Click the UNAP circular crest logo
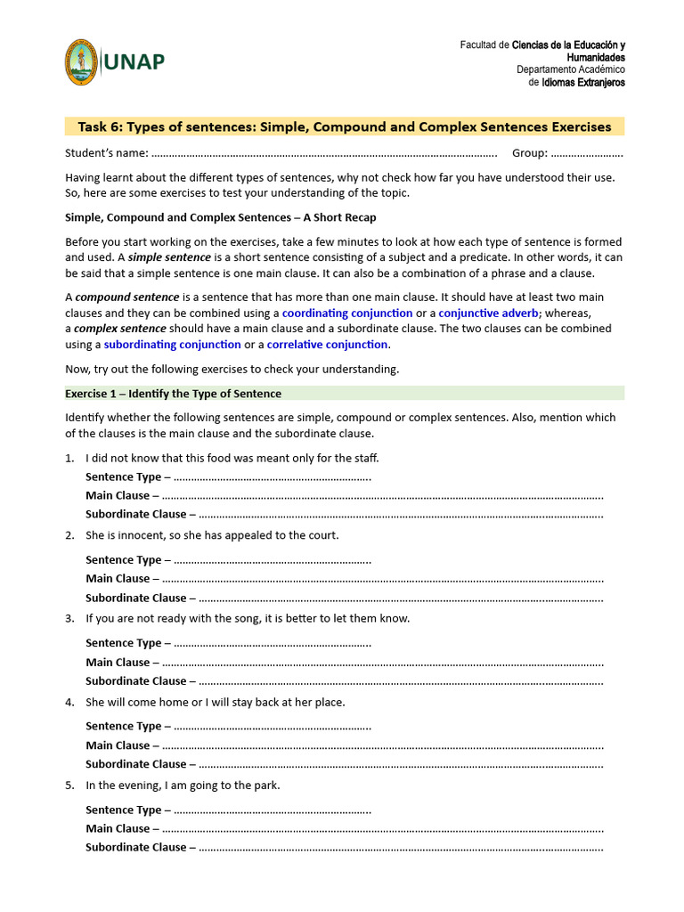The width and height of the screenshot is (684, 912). pyautogui.click(x=81, y=62)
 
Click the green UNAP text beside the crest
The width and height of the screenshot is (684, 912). pyautogui.click(x=134, y=62)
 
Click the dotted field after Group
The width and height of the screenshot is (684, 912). pyautogui.click(x=587, y=153)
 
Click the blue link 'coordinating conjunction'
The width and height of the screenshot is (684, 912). pyautogui.click(x=347, y=313)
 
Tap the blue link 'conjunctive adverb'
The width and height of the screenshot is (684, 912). pyautogui.click(x=489, y=313)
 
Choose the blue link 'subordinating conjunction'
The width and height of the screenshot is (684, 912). pyautogui.click(x=172, y=345)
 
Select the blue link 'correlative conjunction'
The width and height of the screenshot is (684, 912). pyautogui.click(x=327, y=345)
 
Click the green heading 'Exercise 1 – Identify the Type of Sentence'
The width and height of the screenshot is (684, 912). pyautogui.click(x=173, y=394)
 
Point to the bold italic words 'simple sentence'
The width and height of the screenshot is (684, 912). pyautogui.click(x=169, y=257)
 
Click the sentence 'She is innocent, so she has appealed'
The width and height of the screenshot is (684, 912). pyautogui.click(x=212, y=535)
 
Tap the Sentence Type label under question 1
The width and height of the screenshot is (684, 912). pyautogui.click(x=124, y=477)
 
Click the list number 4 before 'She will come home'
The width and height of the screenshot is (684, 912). pyautogui.click(x=69, y=703)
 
